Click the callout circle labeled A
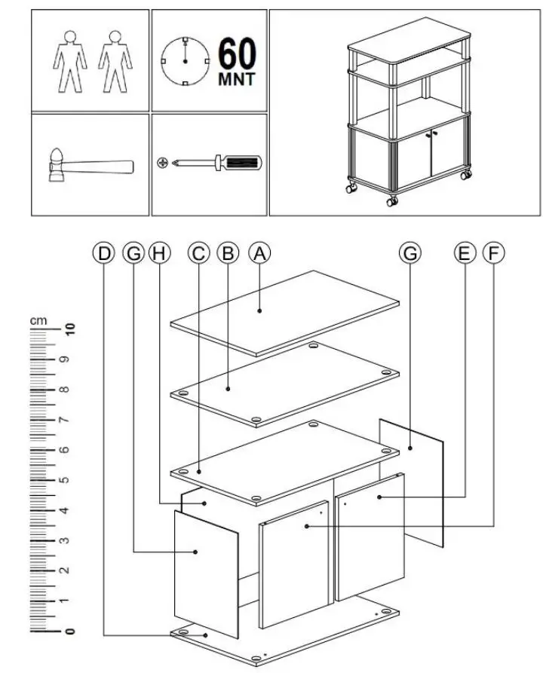click(x=259, y=253)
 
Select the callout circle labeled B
click(x=227, y=253)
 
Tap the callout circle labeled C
click(x=198, y=253)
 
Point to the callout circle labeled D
click(x=104, y=253)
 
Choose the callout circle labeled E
click(x=465, y=253)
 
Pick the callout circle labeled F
click(x=493, y=253)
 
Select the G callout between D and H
click(x=133, y=253)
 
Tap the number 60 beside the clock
click(x=237, y=54)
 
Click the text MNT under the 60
click(x=237, y=79)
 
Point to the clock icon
click(x=185, y=61)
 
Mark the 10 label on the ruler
click(x=71, y=329)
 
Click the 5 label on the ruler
click(x=71, y=479)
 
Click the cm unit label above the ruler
click(x=38, y=320)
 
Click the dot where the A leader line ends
click(x=260, y=309)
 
